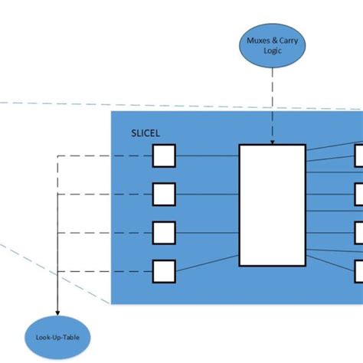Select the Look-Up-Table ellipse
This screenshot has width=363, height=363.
[57, 336]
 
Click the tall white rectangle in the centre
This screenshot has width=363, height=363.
[272, 204]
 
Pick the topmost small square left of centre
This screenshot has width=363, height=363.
[164, 156]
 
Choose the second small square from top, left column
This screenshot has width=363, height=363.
[164, 195]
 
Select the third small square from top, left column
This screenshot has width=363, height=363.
[164, 232]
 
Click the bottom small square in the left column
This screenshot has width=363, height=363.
[164, 270]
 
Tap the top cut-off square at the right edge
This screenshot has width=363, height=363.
[358, 156]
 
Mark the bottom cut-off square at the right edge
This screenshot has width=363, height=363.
[358, 270]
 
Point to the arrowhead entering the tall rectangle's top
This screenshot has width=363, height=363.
[273, 141]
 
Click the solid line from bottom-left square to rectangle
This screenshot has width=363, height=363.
[207, 264]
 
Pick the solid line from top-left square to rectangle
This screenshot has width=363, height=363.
[207, 156]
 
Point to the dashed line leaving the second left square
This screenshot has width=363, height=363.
[107, 195]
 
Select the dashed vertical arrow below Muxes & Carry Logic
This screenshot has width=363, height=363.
[273, 107]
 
